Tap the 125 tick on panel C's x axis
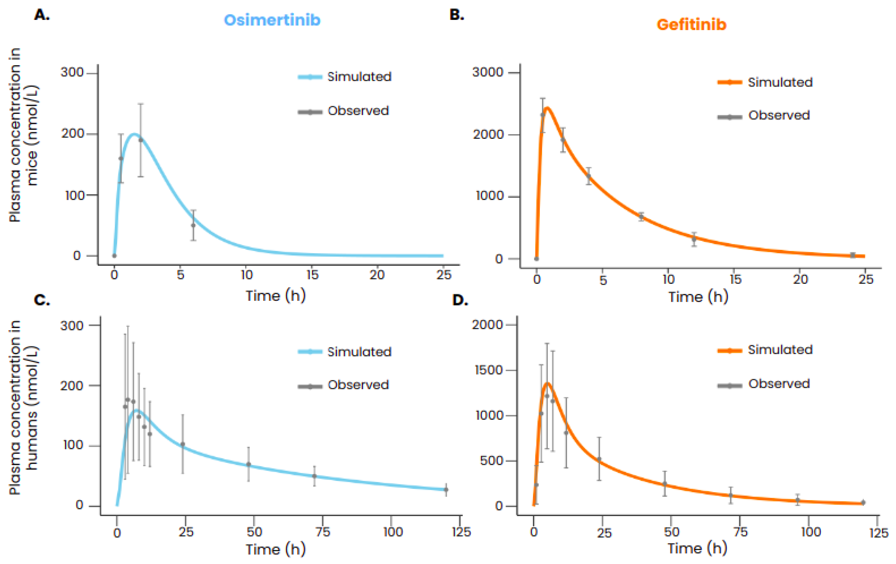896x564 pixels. point(461,532)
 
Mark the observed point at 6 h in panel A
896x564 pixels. point(193,225)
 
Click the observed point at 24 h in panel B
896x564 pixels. point(852,255)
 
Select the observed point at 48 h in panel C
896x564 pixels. point(249,465)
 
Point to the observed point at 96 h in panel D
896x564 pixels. point(797,500)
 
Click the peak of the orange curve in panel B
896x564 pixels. point(547,108)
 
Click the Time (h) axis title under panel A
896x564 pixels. point(275,296)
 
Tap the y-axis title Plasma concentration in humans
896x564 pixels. point(23,407)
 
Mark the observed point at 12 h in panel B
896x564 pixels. point(694,239)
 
